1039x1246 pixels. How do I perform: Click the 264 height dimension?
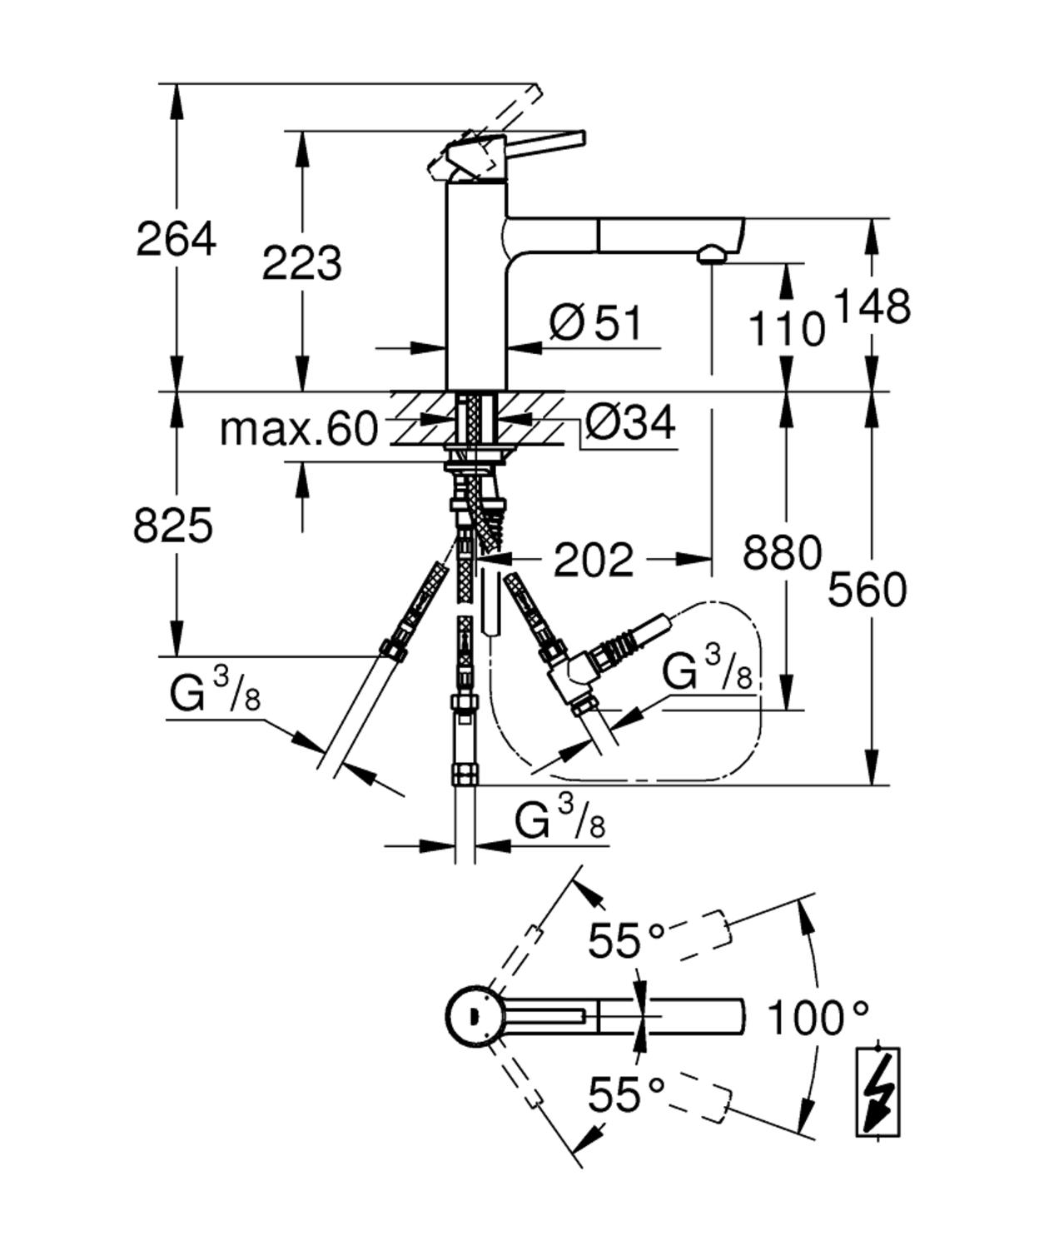[176, 240]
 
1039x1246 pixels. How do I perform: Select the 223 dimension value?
[301, 263]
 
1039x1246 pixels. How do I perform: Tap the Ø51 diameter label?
[596, 323]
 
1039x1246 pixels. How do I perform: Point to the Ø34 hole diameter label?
[629, 423]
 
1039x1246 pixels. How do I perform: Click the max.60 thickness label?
[298, 430]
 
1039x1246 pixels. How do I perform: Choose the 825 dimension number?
[172, 526]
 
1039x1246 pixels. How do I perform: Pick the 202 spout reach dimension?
[593, 560]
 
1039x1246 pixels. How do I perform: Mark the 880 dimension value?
[782, 552]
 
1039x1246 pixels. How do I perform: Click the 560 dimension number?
[867, 591]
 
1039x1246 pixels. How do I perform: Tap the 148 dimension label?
[872, 307]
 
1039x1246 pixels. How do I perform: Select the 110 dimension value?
[786, 328]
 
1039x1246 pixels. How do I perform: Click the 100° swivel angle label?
[817, 1018]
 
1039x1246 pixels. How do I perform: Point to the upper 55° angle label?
[626, 941]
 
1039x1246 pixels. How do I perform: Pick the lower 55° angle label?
[626, 1094]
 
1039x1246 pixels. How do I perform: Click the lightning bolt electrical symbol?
[877, 1092]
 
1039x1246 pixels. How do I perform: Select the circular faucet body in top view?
[473, 1016]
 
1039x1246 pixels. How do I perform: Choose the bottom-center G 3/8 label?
[559, 820]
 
